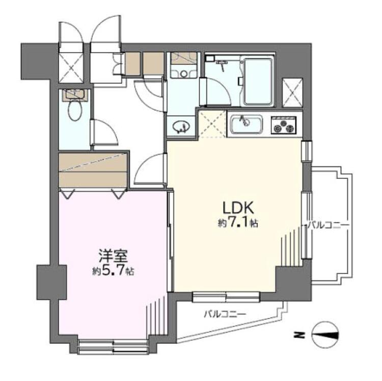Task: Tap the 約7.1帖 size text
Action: click(238, 223)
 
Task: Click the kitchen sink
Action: click(246, 123)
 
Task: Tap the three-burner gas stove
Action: click(284, 124)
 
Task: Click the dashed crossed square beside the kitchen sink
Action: click(212, 124)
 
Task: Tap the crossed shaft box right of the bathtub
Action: click(292, 92)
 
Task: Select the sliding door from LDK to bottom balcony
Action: click(226, 295)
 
